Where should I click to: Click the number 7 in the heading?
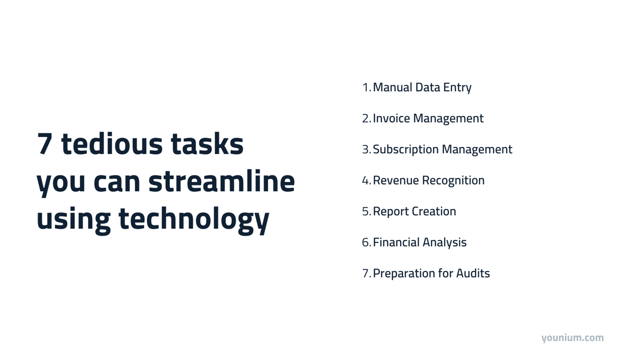pos(45,144)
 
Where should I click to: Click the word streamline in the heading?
pos(222,181)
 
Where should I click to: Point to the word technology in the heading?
pos(193,218)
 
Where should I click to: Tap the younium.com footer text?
pos(572,338)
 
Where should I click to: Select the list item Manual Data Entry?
pos(422,87)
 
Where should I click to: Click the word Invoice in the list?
pos(391,119)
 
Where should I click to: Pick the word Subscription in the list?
pos(406,150)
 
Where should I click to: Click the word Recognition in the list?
pos(454,181)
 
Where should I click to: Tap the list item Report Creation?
pos(414,211)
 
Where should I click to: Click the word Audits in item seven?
pos(473,274)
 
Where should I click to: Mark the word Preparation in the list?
pos(405,274)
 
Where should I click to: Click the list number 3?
pos(366,150)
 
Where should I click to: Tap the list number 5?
pos(366,211)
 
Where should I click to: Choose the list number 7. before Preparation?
pos(366,274)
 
